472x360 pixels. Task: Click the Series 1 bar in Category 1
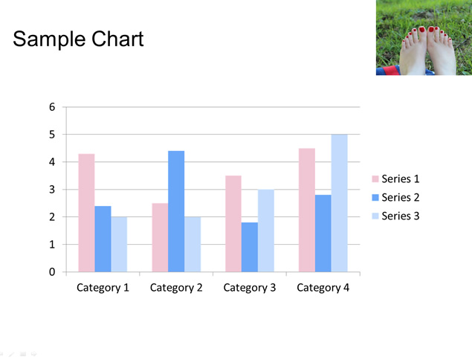coord(87,213)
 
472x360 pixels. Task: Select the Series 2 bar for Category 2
coord(176,211)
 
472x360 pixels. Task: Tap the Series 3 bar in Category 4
coord(340,203)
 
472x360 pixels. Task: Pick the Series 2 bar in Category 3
coord(250,247)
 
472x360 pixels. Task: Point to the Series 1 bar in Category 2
coord(160,237)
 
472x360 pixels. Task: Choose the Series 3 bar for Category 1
coord(119,244)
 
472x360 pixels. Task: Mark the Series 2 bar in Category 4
coord(323,233)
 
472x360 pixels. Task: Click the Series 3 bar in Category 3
coord(266,231)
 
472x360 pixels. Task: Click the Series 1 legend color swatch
coord(375,179)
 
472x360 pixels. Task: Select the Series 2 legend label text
coord(401,197)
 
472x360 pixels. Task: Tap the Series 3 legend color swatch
coord(375,216)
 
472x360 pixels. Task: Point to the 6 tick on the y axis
coord(52,107)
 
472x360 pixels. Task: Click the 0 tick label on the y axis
coord(52,272)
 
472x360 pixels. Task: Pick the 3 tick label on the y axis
coord(52,190)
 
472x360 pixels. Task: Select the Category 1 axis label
coord(103,288)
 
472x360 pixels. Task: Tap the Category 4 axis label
coord(323,288)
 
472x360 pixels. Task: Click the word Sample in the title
coord(49,39)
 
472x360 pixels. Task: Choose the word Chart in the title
coord(117,39)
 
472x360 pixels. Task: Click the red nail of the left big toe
coord(421,30)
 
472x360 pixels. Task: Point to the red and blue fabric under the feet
coord(388,71)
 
